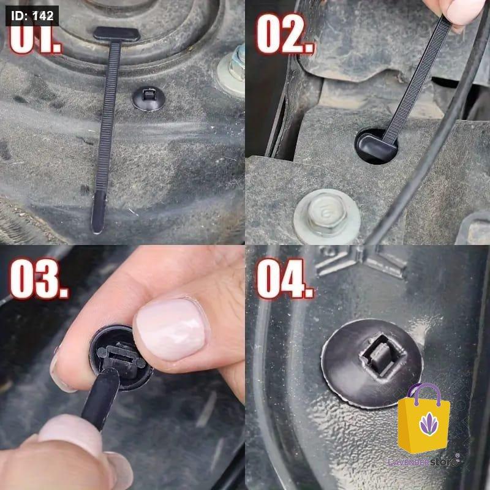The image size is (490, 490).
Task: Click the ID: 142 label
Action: (32, 16)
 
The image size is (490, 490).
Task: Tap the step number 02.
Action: (285, 34)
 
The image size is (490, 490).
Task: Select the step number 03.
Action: (39, 279)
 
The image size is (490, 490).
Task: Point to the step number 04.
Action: (285, 279)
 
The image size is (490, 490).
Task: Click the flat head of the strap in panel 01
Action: (116, 34)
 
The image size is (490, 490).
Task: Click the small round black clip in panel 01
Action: (148, 99)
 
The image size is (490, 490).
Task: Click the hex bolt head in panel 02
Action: (327, 216)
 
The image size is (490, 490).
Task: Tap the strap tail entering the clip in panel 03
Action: (100, 398)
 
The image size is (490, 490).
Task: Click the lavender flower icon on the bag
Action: (429, 424)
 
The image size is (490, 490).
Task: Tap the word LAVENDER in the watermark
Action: (409, 462)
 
